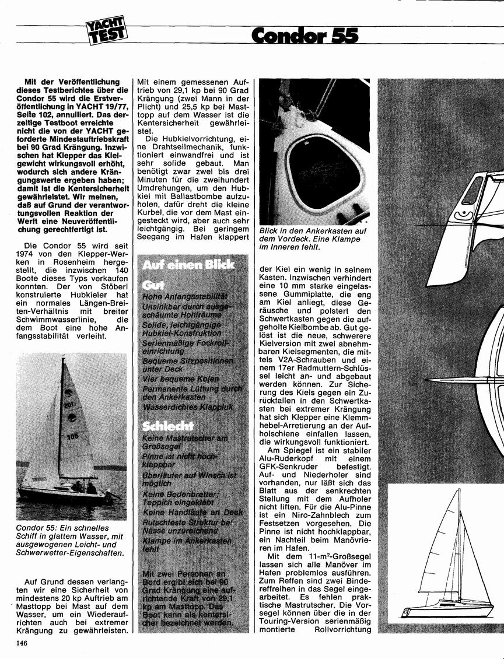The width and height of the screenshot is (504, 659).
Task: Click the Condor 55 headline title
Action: (x=304, y=36)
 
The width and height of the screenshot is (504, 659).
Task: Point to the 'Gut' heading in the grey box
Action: (x=153, y=285)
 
